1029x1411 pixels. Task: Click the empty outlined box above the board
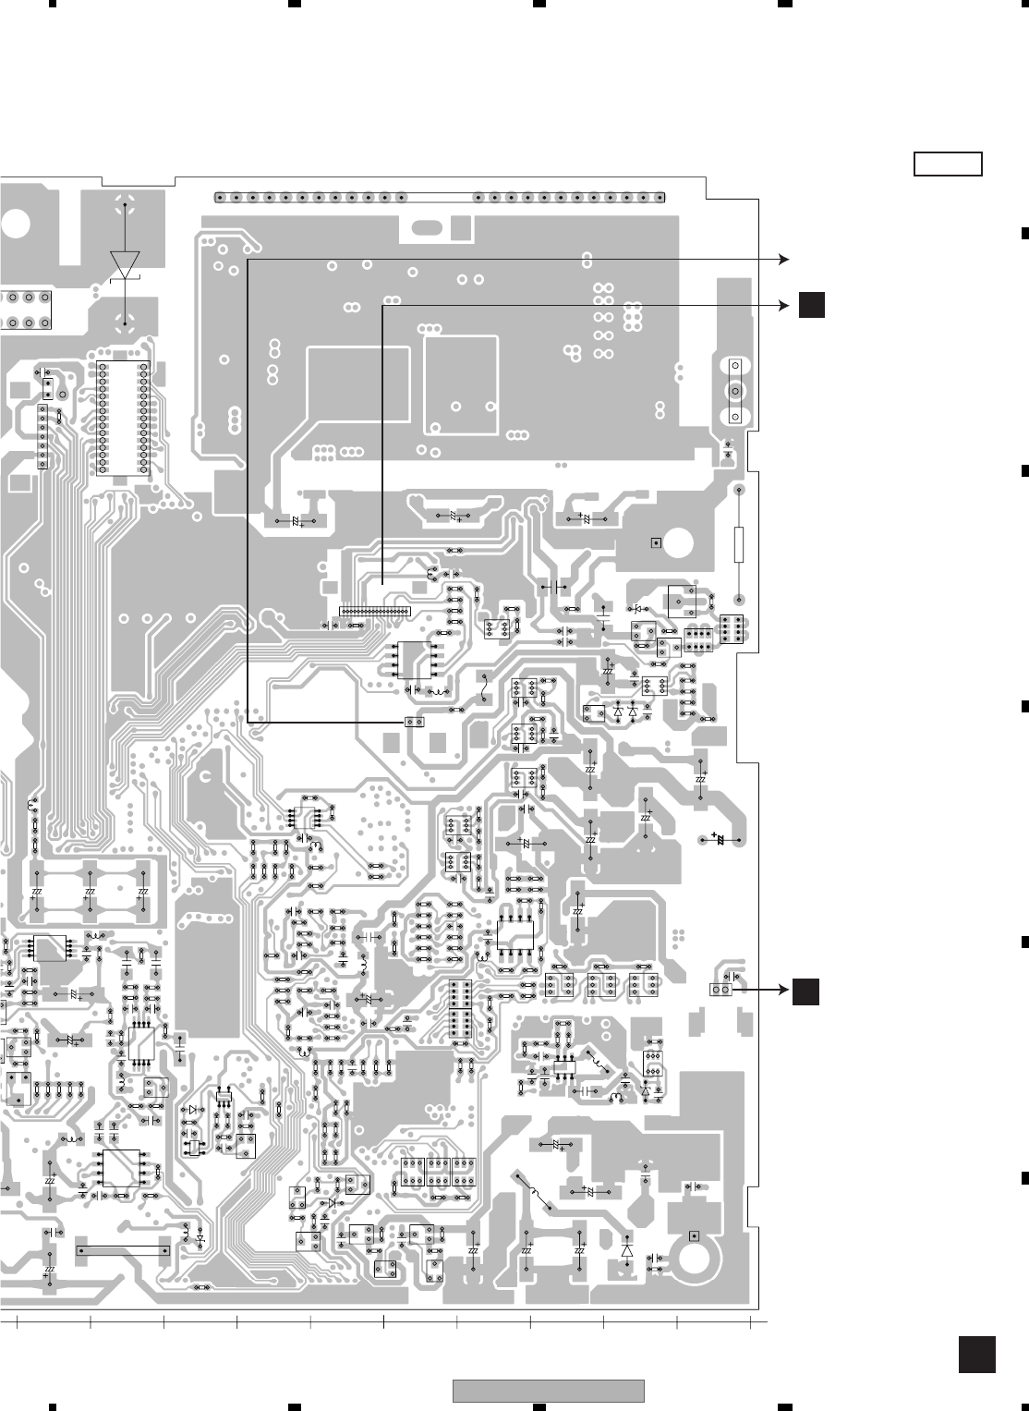(948, 164)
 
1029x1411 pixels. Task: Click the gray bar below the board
(548, 1390)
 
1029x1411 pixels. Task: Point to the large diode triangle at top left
(124, 262)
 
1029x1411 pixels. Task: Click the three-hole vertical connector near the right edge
(735, 391)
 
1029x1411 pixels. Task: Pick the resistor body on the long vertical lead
(739, 544)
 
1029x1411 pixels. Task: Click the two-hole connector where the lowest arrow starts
(721, 991)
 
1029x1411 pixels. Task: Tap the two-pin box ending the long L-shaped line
(415, 721)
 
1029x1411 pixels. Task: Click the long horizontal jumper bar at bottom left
(123, 1250)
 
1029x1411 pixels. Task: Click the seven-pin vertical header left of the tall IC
(42, 436)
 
